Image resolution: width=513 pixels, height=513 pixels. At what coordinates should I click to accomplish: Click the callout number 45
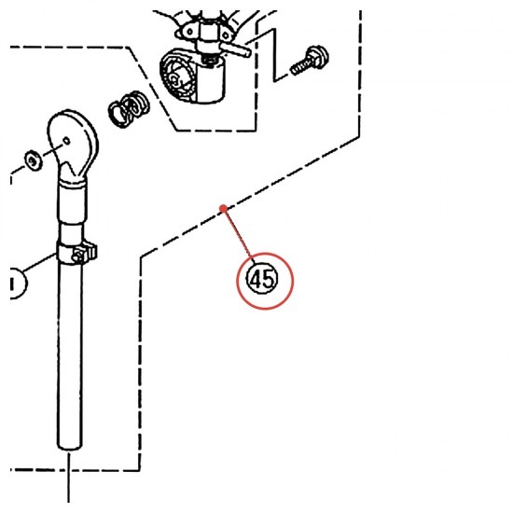262,280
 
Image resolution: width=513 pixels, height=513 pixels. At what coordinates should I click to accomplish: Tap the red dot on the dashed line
224,208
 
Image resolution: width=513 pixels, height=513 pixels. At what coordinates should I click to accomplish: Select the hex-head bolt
310,61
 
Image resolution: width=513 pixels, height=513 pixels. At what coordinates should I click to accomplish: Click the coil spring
129,108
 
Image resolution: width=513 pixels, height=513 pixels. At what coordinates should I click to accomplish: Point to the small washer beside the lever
34,160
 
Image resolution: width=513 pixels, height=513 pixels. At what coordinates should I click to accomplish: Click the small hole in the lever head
66,142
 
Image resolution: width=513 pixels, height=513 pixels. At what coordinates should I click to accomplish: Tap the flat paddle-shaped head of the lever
73,144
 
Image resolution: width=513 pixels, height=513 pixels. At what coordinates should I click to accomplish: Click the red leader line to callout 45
239,233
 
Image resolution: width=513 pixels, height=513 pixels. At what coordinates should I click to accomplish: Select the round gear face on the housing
178,77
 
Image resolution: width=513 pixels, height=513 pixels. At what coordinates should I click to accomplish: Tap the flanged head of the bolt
318,56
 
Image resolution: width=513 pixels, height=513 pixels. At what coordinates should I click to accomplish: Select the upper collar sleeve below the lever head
73,201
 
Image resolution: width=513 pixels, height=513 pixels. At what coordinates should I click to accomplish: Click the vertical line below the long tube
69,477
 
